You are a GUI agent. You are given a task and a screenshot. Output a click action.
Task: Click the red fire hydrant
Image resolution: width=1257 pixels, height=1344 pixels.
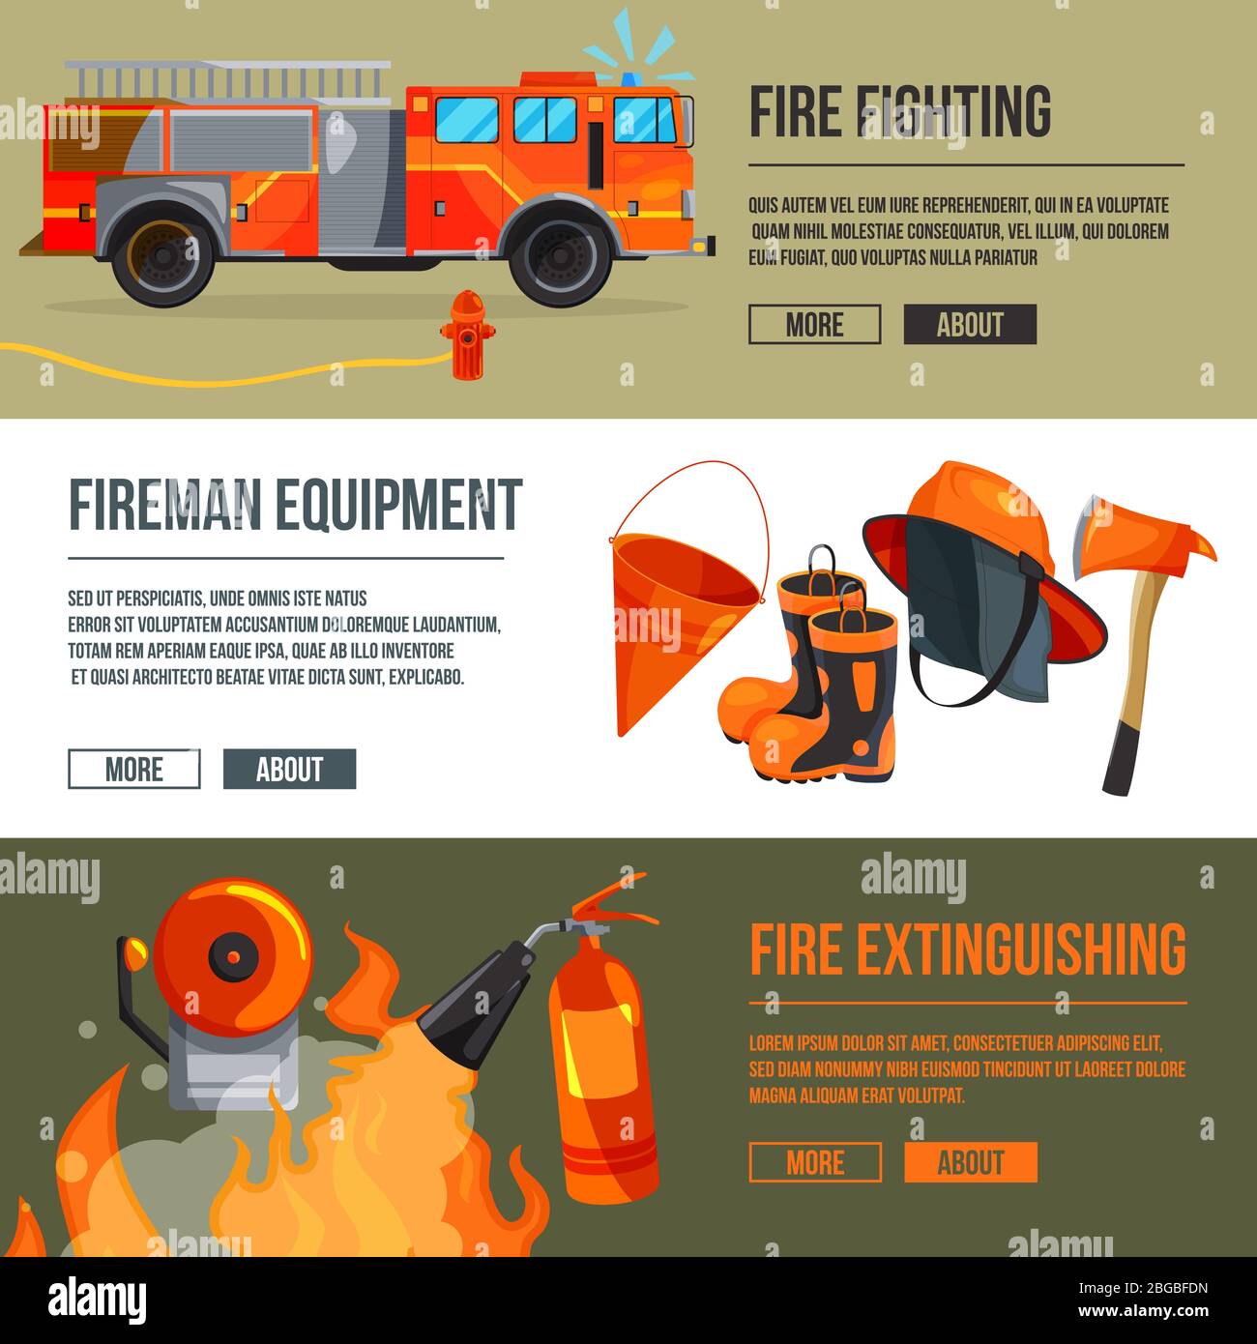(467, 335)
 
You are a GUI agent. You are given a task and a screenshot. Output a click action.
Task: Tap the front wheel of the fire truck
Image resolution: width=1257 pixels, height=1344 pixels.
(562, 257)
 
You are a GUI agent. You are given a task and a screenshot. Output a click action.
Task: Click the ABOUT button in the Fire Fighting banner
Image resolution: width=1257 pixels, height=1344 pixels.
(970, 325)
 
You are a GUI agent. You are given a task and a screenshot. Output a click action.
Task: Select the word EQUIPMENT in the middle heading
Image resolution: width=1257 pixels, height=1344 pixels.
(398, 505)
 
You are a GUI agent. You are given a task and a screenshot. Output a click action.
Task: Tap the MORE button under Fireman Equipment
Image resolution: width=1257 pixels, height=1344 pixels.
(134, 770)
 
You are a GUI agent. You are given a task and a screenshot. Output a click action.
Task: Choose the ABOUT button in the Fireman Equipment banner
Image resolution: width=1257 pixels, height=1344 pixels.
(289, 770)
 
